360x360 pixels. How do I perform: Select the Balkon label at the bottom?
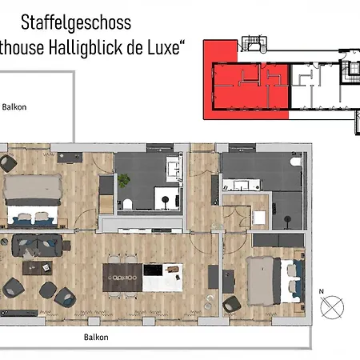(97, 337)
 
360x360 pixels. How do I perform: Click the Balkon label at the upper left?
(15, 106)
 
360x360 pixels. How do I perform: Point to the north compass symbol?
(332, 305)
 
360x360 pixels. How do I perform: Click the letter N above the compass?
(321, 291)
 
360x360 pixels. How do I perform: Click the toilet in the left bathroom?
(126, 180)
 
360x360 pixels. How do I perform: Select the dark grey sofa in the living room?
(36, 243)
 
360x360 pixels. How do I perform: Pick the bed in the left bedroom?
(30, 200)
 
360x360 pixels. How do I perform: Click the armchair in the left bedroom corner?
(8, 163)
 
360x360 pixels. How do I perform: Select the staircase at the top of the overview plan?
(350, 72)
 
